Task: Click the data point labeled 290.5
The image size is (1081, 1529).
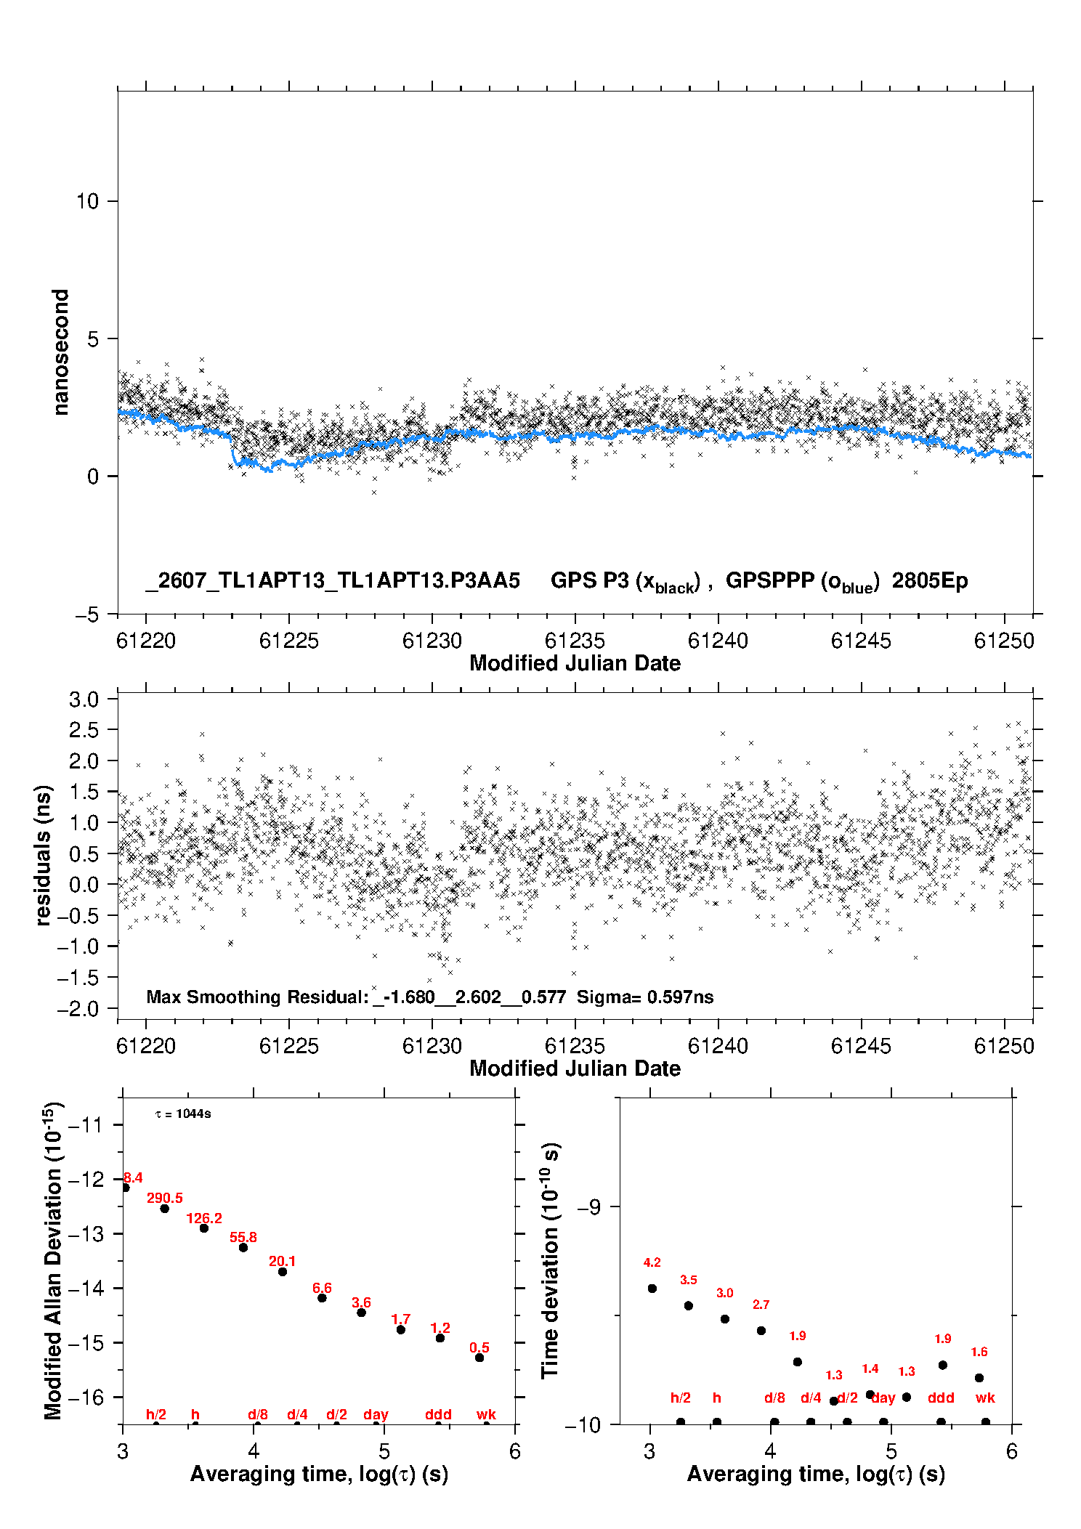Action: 165,1209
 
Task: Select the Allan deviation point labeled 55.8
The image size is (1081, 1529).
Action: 243,1248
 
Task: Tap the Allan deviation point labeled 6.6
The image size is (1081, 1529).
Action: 322,1298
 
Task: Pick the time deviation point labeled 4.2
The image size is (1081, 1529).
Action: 652,1289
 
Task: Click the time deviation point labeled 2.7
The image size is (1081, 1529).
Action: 761,1331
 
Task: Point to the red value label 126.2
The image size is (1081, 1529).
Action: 204,1218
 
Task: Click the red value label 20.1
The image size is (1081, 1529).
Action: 283,1261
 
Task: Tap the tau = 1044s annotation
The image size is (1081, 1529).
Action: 183,1114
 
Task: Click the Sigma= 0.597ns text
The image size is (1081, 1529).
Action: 645,997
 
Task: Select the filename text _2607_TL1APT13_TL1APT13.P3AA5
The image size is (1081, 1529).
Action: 333,580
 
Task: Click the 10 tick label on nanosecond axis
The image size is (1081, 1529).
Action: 87,201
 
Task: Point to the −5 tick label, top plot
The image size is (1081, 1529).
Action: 87,615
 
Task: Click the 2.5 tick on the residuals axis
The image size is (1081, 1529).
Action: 84,730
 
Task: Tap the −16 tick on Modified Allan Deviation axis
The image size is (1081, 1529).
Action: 85,1397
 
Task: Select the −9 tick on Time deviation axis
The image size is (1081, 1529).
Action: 588,1206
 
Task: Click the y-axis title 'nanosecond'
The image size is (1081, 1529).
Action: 60,352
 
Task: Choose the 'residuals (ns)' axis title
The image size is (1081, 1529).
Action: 44,855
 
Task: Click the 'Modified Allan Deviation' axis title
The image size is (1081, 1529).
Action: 52,1260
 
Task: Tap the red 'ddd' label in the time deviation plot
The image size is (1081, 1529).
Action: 941,1398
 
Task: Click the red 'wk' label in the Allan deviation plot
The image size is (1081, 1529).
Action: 486,1414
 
